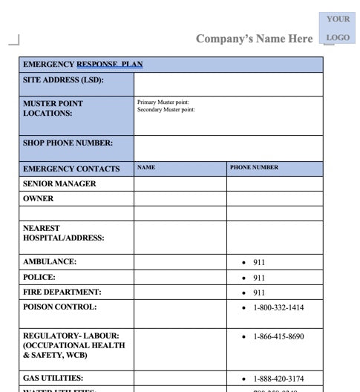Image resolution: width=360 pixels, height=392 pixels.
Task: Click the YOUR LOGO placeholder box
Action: coord(338,27)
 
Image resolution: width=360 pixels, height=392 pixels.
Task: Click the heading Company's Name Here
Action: coord(254,39)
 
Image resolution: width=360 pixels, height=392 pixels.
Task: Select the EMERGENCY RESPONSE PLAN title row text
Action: coord(82,65)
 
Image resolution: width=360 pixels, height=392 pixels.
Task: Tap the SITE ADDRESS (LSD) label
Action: coord(63,80)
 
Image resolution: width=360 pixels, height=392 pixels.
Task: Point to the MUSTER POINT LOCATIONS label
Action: coord(53,108)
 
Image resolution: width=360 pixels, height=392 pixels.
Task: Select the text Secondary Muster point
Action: coord(166,110)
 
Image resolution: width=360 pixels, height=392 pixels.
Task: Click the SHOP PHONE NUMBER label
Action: coord(68,143)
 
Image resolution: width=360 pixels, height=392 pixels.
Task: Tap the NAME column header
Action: coord(146,168)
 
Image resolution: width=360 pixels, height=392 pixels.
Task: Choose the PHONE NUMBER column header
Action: coord(254,168)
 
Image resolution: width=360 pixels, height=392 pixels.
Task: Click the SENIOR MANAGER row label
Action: coord(59,183)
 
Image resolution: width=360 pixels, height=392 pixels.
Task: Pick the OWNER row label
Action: coord(39,199)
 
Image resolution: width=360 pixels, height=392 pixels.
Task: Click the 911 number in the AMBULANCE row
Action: coord(259,262)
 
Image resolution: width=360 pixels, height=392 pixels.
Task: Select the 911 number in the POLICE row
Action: coord(259,278)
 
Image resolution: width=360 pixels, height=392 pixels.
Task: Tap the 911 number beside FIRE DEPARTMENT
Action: coord(259,293)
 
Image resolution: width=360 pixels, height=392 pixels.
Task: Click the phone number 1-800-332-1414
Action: coord(278,307)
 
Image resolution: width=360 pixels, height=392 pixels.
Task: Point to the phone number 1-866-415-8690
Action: coord(278,337)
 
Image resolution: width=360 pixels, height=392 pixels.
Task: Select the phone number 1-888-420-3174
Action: coord(278,379)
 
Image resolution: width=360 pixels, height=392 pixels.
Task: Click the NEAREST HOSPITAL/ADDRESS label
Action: coord(63,233)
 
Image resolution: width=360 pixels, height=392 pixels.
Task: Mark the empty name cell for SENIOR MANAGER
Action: coord(180,184)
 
